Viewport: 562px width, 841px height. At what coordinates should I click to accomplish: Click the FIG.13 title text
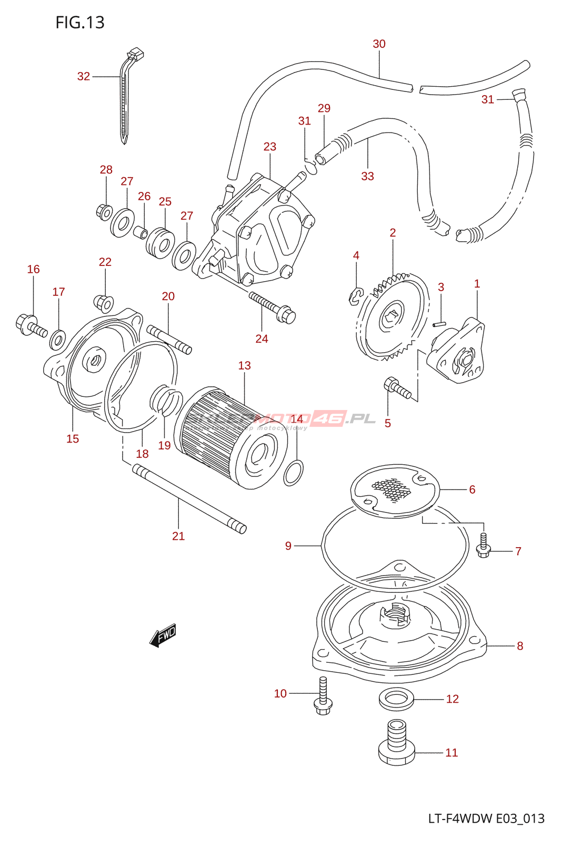click(80, 23)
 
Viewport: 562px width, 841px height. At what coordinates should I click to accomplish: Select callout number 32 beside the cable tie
click(84, 77)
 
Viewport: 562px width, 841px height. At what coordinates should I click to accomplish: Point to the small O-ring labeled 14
click(293, 473)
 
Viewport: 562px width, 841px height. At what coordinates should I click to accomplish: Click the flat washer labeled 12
click(396, 699)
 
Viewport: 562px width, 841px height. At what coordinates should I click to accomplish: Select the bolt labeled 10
click(323, 696)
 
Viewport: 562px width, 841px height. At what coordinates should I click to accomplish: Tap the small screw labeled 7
click(484, 546)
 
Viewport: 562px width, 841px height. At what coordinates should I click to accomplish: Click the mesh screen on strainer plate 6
click(392, 489)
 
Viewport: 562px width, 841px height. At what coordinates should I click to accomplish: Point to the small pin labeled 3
click(439, 324)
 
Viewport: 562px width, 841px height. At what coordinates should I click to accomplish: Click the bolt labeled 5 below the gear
click(397, 388)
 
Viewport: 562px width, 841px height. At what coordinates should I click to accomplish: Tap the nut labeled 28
click(104, 212)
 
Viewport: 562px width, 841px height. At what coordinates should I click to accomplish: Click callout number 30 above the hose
click(379, 44)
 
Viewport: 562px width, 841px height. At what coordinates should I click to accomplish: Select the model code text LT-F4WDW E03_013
click(486, 818)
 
